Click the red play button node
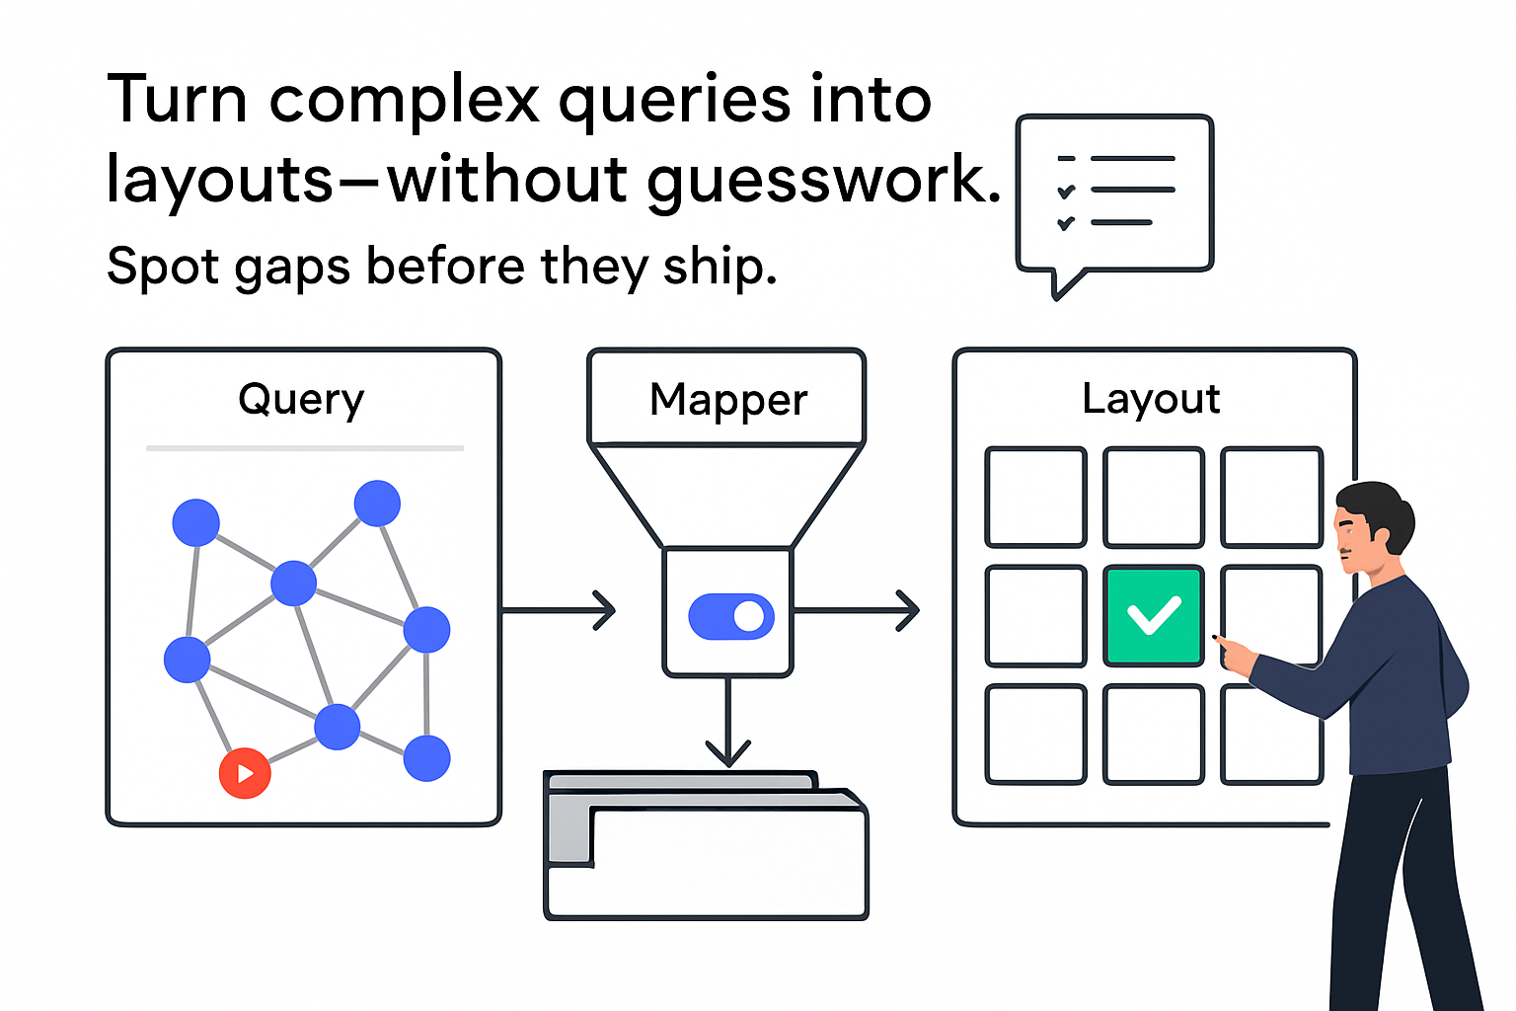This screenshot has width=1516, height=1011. [x=245, y=773]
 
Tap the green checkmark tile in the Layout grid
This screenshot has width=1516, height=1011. [x=1153, y=616]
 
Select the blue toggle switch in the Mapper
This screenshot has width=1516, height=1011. [x=730, y=616]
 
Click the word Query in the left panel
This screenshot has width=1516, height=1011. [x=301, y=400]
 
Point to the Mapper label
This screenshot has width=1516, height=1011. [x=728, y=400]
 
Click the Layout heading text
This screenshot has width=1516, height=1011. [x=1151, y=399]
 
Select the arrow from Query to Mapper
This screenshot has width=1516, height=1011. [x=559, y=610]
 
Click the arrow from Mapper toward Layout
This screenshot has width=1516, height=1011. [x=857, y=610]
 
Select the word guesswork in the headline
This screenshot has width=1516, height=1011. [x=823, y=181]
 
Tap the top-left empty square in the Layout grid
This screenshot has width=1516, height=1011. [x=1035, y=497]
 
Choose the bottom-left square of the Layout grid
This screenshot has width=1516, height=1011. [x=1035, y=735]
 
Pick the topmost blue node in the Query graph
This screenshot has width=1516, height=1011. [x=377, y=503]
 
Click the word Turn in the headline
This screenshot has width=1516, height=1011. [x=177, y=100]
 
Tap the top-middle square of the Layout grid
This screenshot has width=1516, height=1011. [x=1153, y=497]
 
